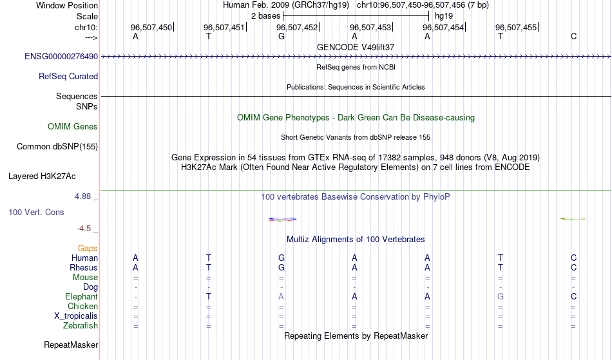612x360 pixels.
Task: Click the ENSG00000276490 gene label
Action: pyautogui.click(x=61, y=57)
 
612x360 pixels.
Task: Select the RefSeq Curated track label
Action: pyautogui.click(x=68, y=77)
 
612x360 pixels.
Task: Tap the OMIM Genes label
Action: pyautogui.click(x=73, y=127)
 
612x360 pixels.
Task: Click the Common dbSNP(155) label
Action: pyautogui.click(x=57, y=147)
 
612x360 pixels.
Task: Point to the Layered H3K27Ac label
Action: pyautogui.click(x=42, y=176)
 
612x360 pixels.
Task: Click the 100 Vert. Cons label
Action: pyautogui.click(x=36, y=212)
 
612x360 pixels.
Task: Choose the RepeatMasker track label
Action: pyautogui.click(x=71, y=345)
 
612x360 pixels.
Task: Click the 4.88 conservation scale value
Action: pyautogui.click(x=82, y=196)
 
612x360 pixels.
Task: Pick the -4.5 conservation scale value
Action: pyautogui.click(x=84, y=229)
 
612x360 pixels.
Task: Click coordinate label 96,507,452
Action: pyautogui.click(x=297, y=27)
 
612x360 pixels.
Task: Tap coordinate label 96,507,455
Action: pyautogui.click(x=516, y=27)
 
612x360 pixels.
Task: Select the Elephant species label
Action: pyautogui.click(x=82, y=297)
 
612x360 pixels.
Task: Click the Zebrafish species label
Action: pyautogui.click(x=81, y=326)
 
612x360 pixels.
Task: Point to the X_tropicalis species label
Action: pyautogui.click(x=76, y=316)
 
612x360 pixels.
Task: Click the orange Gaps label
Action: pyautogui.click(x=88, y=249)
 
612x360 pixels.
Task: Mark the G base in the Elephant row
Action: pyautogui.click(x=501, y=297)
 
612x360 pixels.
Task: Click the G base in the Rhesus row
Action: pyautogui.click(x=282, y=268)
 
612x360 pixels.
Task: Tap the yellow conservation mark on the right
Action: pyautogui.click(x=573, y=219)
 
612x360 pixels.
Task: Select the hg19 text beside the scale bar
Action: pyautogui.click(x=444, y=16)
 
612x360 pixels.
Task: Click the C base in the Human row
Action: pyautogui.click(x=573, y=258)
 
